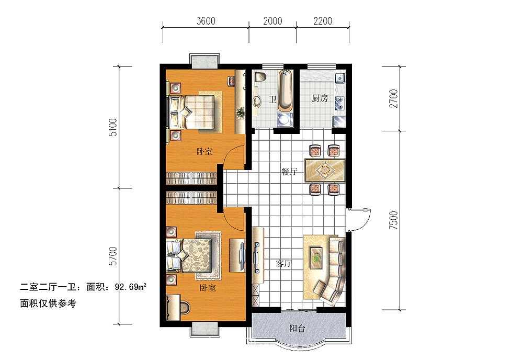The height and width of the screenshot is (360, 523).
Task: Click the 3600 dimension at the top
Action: coord(205,21)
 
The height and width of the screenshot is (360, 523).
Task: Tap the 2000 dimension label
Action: coord(272,21)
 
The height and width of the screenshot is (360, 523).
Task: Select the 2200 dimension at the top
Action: coord(323,21)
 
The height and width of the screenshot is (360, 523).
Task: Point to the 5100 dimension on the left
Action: coord(112,127)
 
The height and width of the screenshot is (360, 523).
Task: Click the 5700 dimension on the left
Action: coord(112,256)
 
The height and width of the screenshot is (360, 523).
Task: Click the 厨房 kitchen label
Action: coord(320,98)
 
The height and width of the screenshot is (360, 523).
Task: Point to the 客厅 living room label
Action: coord(284,263)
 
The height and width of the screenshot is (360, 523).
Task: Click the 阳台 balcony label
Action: coord(298,329)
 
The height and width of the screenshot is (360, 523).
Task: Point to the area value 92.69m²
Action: coord(127,287)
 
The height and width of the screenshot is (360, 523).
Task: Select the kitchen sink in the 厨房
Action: coord(340,79)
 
